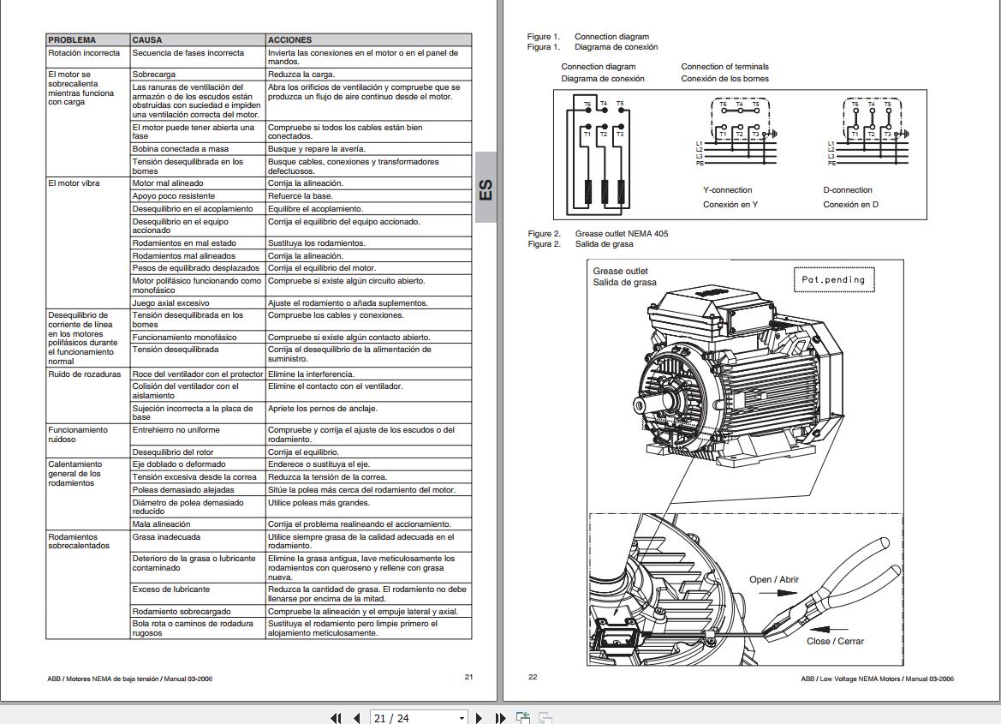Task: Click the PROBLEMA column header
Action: (x=72, y=39)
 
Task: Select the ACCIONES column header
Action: (x=289, y=39)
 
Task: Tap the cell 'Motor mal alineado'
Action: (x=168, y=183)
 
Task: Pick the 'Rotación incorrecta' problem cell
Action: (x=84, y=53)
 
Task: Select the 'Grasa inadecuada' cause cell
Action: (x=166, y=537)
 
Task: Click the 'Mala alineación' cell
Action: (x=161, y=524)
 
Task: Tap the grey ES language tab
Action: (x=486, y=188)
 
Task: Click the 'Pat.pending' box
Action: (x=832, y=279)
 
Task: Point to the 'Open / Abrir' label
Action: (x=773, y=580)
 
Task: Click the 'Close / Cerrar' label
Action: (x=835, y=641)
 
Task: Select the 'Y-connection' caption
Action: (x=727, y=190)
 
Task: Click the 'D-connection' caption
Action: (x=848, y=190)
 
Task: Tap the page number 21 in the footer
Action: (x=468, y=677)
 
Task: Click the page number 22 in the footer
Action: (x=533, y=677)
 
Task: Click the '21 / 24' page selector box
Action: (x=419, y=718)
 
